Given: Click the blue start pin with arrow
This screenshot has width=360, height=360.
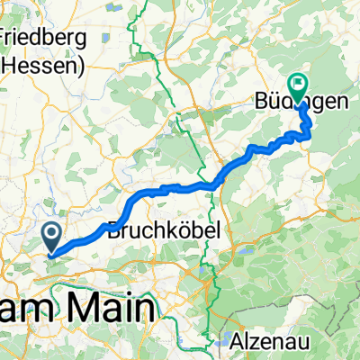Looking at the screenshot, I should click(x=53, y=237).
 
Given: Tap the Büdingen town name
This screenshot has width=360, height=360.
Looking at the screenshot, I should click(x=298, y=103).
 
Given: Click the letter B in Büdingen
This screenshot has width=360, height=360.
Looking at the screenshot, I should click(x=256, y=103).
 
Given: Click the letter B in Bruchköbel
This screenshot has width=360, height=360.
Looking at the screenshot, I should click(x=113, y=230).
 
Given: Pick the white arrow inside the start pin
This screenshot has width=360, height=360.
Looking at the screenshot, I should click(x=53, y=236).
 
